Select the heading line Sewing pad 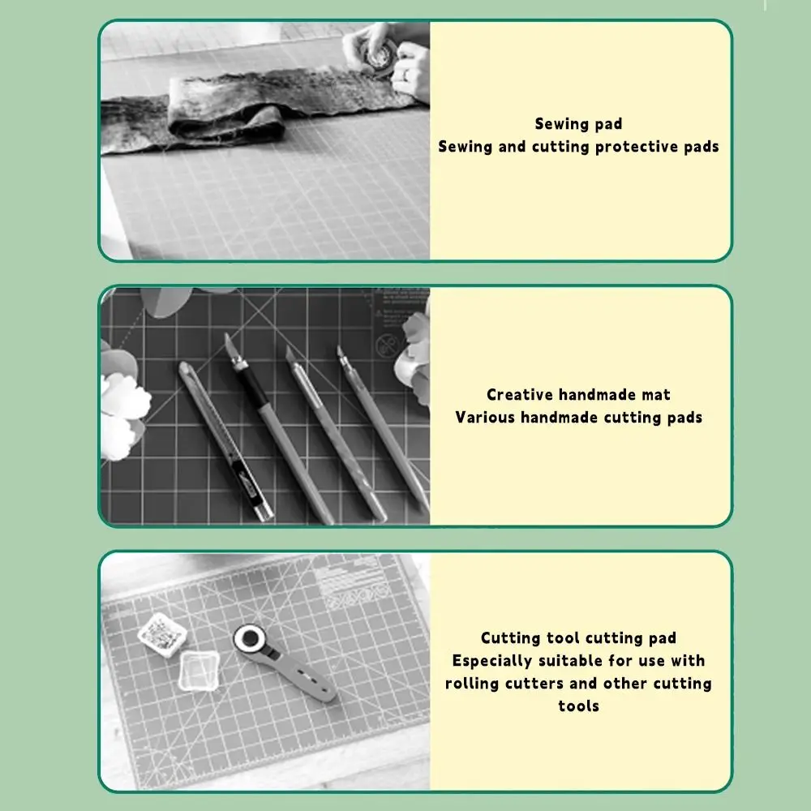point(578,124)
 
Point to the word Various point(484,418)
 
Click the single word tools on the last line point(578,706)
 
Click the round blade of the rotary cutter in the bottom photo point(249,639)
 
